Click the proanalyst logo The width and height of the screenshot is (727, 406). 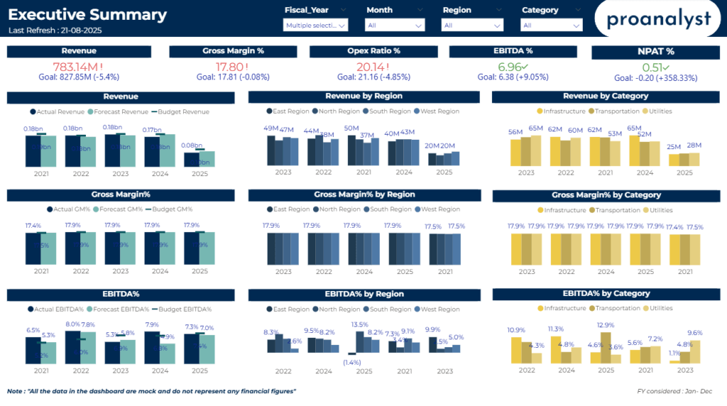(x=658, y=19)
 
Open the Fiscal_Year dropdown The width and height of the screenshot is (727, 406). (x=315, y=25)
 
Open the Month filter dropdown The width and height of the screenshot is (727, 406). (x=395, y=25)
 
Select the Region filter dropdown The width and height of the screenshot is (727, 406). (x=472, y=25)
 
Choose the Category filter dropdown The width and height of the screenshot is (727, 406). (x=552, y=25)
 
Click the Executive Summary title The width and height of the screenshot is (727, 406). (x=88, y=15)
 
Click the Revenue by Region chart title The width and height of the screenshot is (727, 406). (x=363, y=96)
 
